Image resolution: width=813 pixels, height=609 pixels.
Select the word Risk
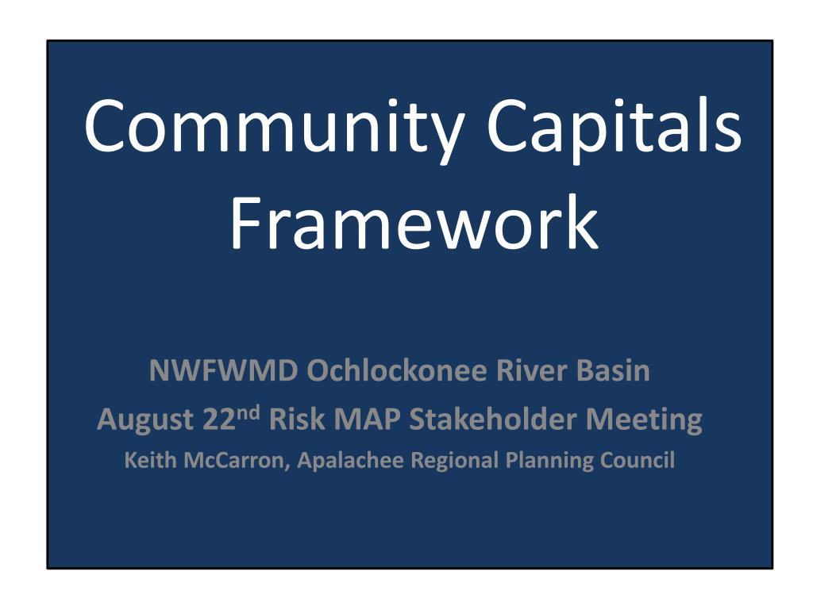click(x=295, y=419)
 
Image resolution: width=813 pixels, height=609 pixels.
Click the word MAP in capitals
click(x=365, y=419)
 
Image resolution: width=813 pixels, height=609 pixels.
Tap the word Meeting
click(x=644, y=419)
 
